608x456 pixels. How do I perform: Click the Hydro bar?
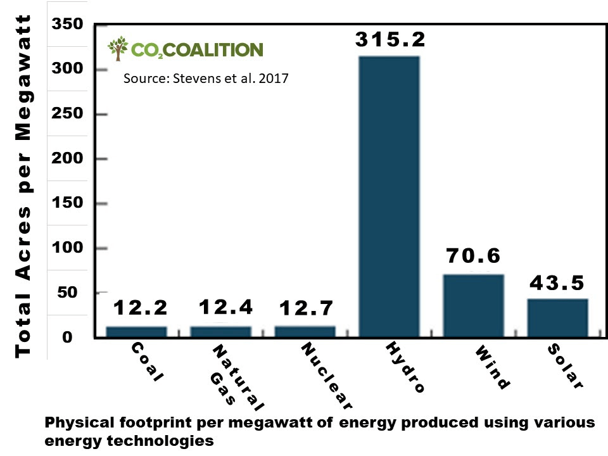[389, 196]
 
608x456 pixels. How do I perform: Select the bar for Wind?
[473, 305]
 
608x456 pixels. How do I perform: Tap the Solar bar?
[557, 317]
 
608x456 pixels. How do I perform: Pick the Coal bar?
[136, 331]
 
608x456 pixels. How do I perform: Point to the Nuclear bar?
[305, 331]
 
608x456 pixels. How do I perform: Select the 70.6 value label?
[473, 256]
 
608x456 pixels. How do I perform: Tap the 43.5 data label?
[557, 282]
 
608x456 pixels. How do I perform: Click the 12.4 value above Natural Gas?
[225, 308]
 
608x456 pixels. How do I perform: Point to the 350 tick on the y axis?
[68, 24]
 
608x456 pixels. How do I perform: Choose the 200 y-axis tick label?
[68, 158]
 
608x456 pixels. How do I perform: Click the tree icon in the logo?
[118, 49]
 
